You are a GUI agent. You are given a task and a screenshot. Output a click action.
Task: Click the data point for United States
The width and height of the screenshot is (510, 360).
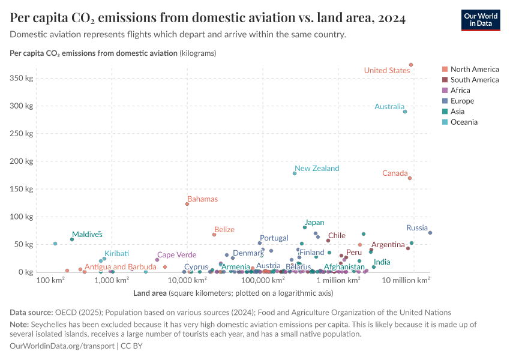(x=411, y=65)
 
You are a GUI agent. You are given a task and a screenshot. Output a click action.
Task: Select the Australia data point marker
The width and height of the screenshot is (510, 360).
(x=405, y=112)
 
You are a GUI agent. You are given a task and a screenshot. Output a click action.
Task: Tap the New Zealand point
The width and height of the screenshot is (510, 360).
(x=295, y=173)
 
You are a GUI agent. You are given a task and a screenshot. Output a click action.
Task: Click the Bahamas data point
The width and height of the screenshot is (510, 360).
(x=187, y=204)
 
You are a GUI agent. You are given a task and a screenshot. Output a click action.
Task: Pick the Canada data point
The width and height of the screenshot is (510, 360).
(x=410, y=178)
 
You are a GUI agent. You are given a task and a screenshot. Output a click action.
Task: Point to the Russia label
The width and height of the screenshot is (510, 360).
(x=416, y=228)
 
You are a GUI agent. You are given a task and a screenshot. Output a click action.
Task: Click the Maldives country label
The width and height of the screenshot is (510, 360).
(x=87, y=234)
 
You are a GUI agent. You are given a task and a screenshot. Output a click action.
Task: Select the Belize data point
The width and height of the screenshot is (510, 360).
(x=214, y=235)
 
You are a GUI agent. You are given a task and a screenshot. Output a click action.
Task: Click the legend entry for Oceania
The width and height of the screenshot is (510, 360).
(x=464, y=122)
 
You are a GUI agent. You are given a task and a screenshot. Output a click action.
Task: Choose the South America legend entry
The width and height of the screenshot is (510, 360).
(x=474, y=80)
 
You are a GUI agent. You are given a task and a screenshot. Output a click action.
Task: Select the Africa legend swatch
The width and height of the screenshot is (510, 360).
(x=445, y=91)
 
